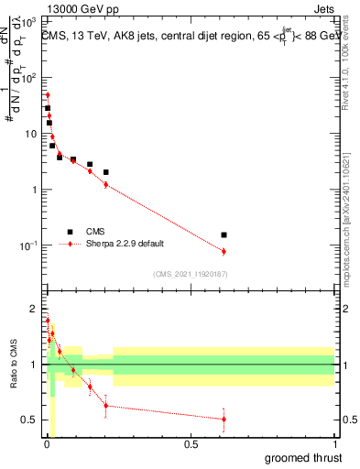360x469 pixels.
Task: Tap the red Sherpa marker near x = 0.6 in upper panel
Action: coord(224,251)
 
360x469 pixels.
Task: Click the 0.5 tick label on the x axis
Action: coord(191,444)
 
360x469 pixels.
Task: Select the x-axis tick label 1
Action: coord(334,444)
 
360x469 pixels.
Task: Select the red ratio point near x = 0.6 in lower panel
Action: coord(224,419)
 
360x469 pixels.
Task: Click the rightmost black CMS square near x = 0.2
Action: coord(106,172)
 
